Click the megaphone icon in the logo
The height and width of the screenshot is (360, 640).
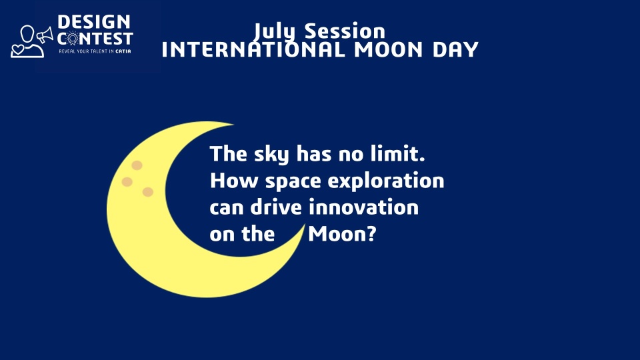click(45, 35)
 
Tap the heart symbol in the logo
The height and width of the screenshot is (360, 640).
click(17, 50)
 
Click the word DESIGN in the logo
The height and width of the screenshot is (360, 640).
click(94, 22)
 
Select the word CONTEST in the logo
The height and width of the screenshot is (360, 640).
click(95, 39)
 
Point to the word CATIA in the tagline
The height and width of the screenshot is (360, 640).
click(123, 51)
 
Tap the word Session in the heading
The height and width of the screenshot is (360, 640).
click(345, 31)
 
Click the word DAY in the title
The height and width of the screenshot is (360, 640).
click(455, 50)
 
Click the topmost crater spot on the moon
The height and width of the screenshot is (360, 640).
click(137, 165)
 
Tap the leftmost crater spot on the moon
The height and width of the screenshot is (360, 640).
click(127, 181)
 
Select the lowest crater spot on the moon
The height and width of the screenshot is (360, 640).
click(148, 192)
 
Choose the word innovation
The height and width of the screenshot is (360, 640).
click(364, 207)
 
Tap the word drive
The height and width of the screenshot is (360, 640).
click(276, 207)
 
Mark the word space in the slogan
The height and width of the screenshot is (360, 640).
click(293, 181)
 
